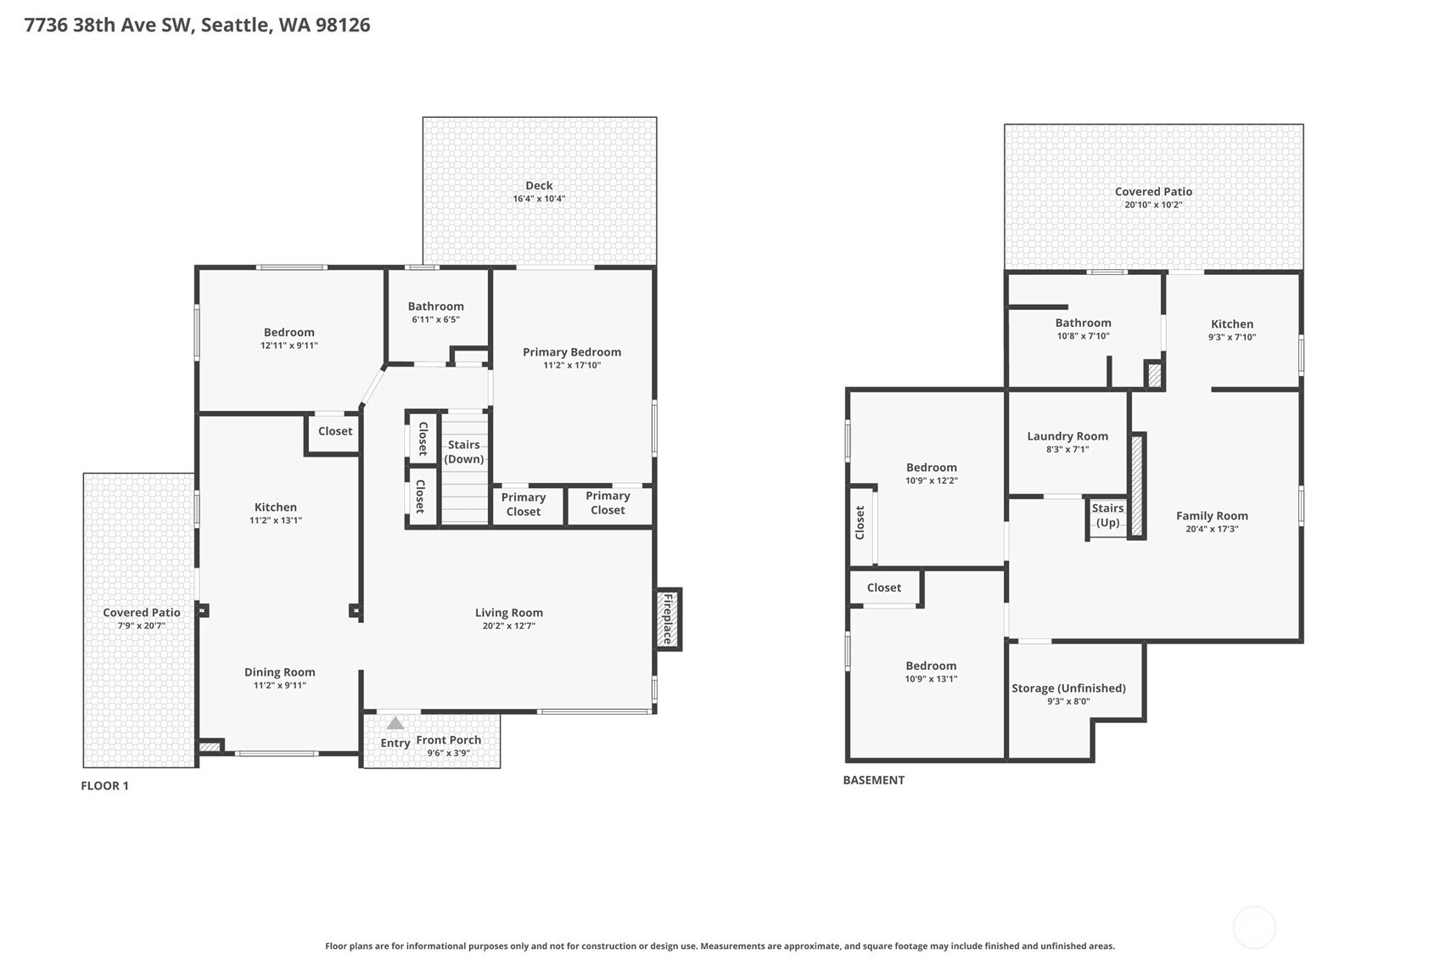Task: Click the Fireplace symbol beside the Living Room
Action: click(668, 619)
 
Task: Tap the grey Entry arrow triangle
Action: click(395, 723)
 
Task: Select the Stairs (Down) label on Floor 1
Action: click(464, 452)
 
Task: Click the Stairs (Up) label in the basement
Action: click(1107, 515)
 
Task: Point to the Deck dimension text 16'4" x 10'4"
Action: click(539, 199)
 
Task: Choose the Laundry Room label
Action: click(1067, 436)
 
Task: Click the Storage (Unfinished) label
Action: click(1068, 688)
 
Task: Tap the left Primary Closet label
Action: click(524, 504)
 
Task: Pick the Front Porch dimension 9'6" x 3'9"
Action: click(449, 753)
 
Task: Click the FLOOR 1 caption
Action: click(104, 786)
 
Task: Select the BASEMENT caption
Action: click(874, 780)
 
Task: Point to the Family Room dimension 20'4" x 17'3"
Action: click(1212, 529)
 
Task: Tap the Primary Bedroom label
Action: click(572, 351)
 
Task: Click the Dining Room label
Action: click(280, 672)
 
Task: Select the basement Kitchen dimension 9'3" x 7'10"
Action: click(1232, 337)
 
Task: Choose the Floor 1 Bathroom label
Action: click(436, 306)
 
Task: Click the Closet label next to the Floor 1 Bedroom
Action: click(335, 431)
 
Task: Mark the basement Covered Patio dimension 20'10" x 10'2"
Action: click(1153, 205)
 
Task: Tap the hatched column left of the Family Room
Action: click(1137, 486)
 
